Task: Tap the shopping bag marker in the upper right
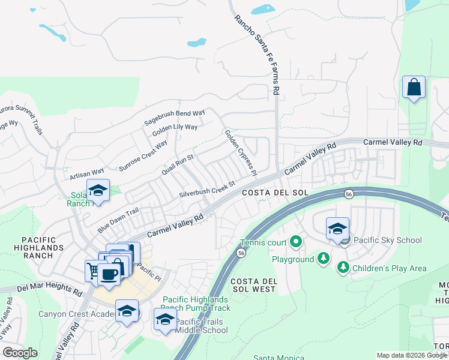(414, 88)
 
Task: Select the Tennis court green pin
(295, 242)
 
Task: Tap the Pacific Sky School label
(388, 241)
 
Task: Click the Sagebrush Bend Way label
(174, 117)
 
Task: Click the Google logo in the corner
(20, 353)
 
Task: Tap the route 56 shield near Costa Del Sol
(348, 194)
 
